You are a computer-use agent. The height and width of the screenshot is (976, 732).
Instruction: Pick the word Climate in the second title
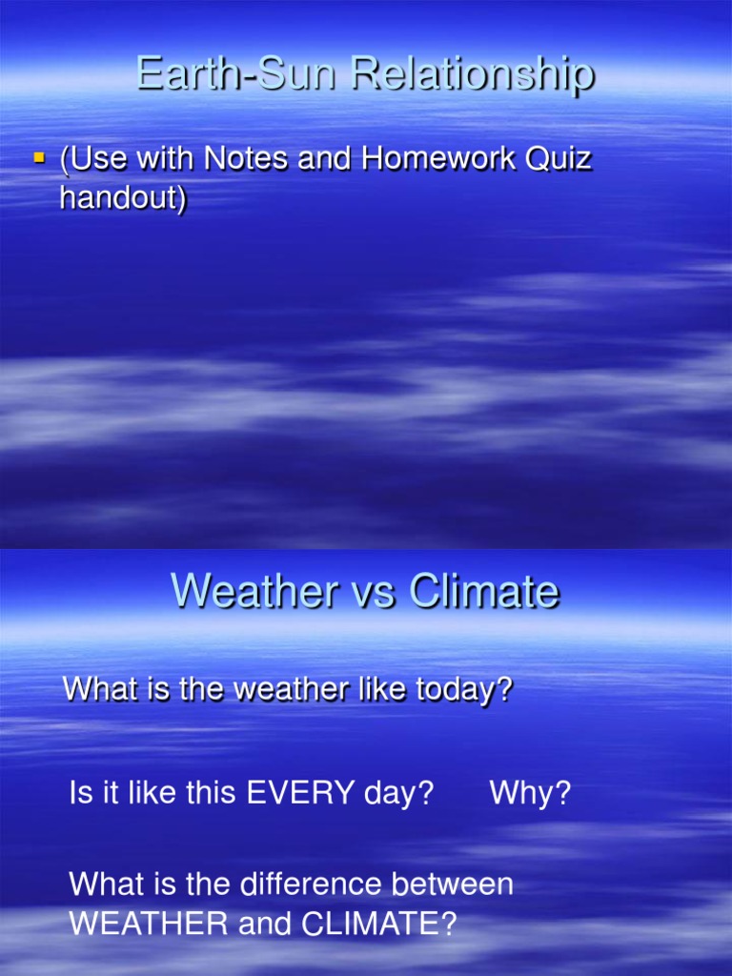click(484, 592)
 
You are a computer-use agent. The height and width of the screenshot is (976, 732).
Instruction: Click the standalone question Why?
click(530, 794)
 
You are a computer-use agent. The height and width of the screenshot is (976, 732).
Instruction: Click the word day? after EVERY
click(394, 794)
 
